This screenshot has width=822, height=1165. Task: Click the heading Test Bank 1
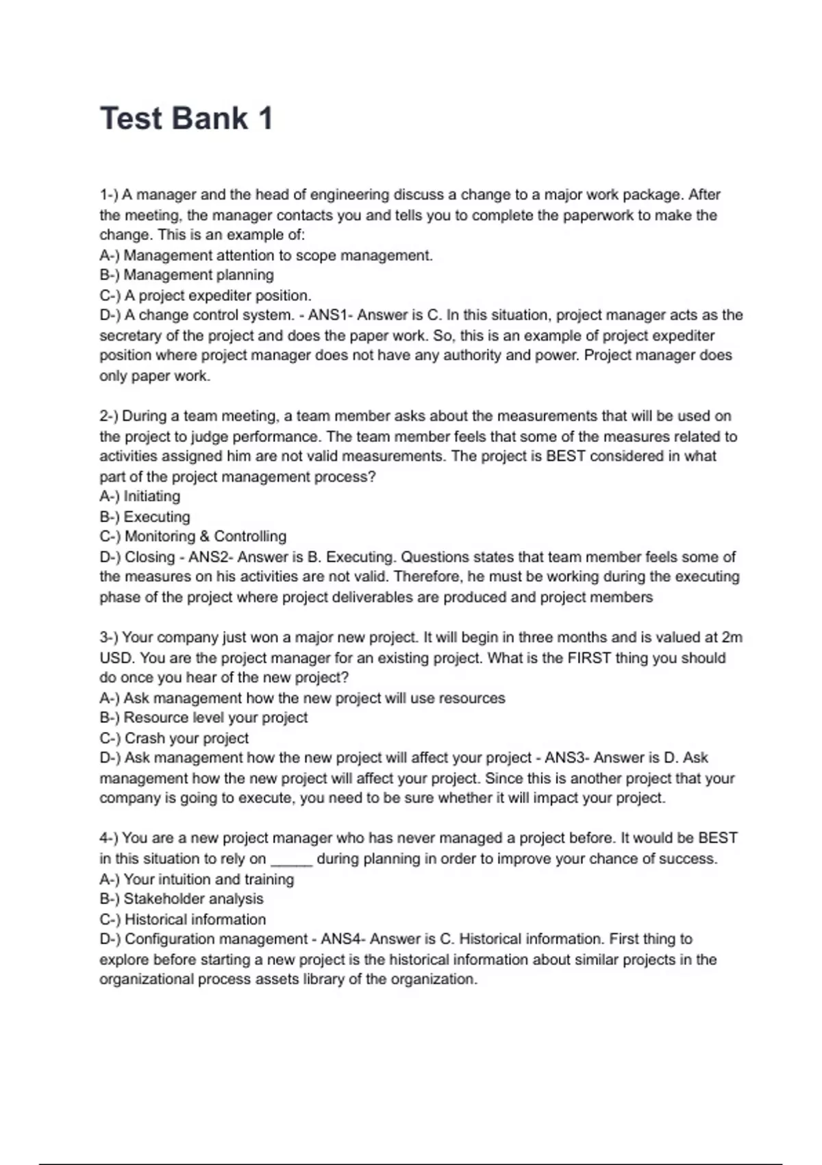pyautogui.click(x=186, y=118)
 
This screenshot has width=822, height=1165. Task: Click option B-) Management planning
pyautogui.click(x=186, y=275)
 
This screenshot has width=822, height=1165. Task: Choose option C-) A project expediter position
pyautogui.click(x=206, y=295)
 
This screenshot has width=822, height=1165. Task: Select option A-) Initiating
pyautogui.click(x=140, y=496)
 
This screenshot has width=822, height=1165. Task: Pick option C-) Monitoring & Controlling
pyautogui.click(x=192, y=536)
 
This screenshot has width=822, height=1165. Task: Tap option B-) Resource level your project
pyautogui.click(x=203, y=718)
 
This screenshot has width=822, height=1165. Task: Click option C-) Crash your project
pyautogui.click(x=174, y=738)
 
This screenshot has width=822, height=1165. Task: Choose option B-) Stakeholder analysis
pyautogui.click(x=182, y=898)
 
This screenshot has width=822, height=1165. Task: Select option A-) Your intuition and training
pyautogui.click(x=197, y=879)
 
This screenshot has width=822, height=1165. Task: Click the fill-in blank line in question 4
pyautogui.click(x=292, y=861)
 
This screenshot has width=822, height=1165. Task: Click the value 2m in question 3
pyautogui.click(x=732, y=637)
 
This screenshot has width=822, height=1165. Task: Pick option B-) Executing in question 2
pyautogui.click(x=145, y=517)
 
